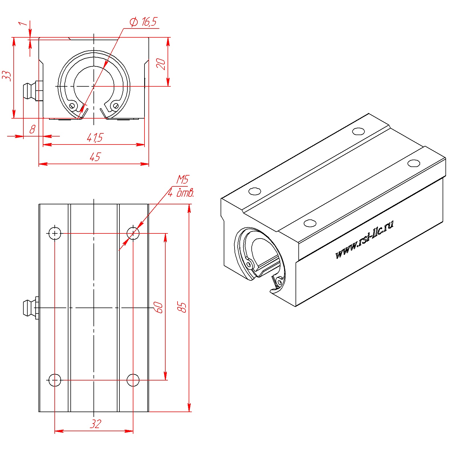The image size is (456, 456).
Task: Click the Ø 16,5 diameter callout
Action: (x=143, y=22)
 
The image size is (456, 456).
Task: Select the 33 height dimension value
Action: (x=7, y=76)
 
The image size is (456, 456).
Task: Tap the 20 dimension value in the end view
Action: (x=161, y=64)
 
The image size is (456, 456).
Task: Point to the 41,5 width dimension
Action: (x=95, y=138)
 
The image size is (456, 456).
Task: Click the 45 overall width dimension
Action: (x=95, y=157)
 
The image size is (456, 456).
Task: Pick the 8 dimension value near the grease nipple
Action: (x=32, y=129)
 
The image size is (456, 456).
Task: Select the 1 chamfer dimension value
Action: (x=23, y=23)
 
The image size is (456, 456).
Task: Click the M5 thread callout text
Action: (x=182, y=180)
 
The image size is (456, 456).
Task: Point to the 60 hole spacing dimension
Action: (x=158, y=308)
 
